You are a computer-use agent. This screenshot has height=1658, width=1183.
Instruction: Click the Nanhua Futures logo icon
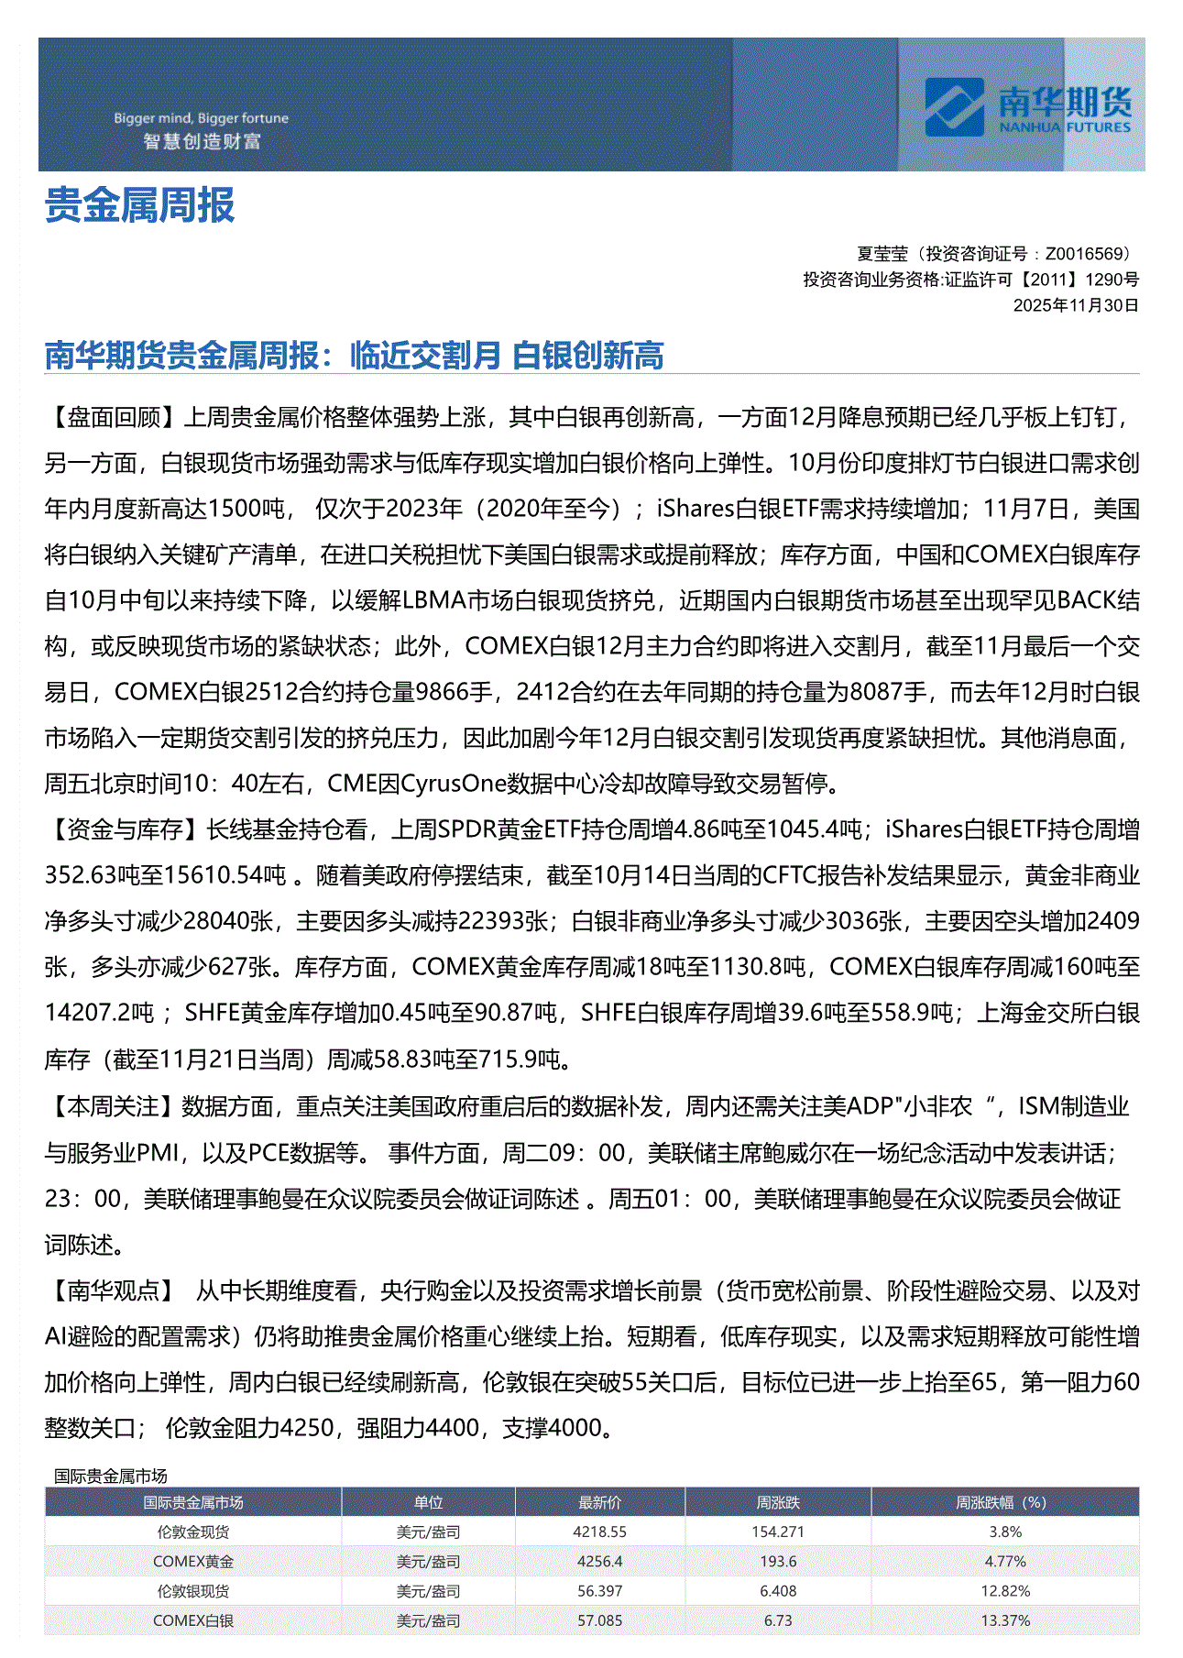(955, 106)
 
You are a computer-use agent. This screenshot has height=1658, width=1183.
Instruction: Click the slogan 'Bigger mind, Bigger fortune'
(201, 118)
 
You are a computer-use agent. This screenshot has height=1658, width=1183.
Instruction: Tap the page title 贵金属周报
(140, 205)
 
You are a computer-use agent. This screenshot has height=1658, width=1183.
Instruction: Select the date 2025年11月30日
(1075, 305)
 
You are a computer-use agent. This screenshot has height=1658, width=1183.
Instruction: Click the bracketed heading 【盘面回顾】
(114, 418)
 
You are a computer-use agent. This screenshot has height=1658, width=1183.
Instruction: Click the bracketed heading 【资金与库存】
(125, 830)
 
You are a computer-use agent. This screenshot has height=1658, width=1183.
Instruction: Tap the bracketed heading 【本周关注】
(114, 1107)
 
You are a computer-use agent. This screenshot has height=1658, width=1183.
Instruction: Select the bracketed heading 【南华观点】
(114, 1291)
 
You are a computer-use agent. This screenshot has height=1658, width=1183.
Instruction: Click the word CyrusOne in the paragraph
(454, 785)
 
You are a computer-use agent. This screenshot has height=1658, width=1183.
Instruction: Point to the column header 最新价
(599, 1502)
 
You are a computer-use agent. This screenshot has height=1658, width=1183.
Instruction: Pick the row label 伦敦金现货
(192, 1532)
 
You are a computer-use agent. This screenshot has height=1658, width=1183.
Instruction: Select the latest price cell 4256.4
(599, 1561)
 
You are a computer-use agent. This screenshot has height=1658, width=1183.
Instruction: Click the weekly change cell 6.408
(778, 1591)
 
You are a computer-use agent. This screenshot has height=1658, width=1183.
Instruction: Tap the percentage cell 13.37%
(1005, 1620)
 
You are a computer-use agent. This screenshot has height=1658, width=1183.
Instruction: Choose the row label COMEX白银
(192, 1620)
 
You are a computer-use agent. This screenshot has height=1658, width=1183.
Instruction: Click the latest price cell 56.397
(599, 1591)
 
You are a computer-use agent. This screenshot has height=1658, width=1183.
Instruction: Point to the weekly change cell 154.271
(778, 1532)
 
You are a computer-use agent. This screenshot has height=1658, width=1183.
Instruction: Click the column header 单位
(428, 1502)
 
